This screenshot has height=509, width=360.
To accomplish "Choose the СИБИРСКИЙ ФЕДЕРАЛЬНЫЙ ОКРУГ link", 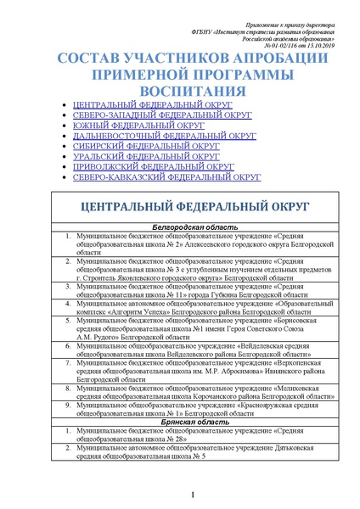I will point(146,146).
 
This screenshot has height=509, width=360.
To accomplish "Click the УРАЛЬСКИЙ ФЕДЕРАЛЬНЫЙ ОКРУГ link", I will point(146,157).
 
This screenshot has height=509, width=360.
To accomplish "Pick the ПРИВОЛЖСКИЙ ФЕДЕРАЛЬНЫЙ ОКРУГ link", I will point(153,167).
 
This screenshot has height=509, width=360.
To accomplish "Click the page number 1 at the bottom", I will point(194,495).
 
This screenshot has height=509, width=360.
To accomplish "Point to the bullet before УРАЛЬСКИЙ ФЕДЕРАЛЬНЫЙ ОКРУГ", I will point(68,157).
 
